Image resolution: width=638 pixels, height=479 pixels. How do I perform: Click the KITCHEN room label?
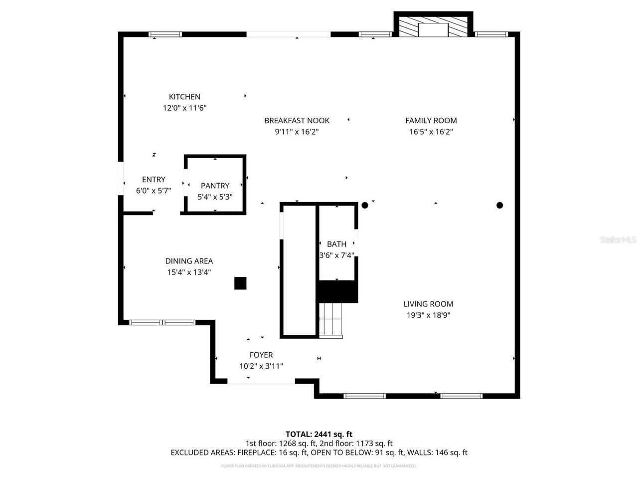[x=184, y=97]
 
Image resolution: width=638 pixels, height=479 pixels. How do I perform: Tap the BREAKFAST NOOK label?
[x=297, y=120]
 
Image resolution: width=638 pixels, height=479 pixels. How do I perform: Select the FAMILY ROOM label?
[x=431, y=120]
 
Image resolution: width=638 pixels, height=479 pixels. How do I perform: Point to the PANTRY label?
[x=215, y=186]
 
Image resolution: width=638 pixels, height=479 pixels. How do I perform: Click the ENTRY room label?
[x=154, y=180]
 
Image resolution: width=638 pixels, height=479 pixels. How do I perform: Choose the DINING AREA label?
[x=189, y=261]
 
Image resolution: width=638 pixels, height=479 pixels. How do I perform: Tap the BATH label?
[x=336, y=244]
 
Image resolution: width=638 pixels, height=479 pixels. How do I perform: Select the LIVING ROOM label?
[x=428, y=304]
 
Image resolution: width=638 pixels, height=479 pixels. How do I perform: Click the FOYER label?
[x=261, y=355]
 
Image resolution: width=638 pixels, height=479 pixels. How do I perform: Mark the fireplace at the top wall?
[x=433, y=27]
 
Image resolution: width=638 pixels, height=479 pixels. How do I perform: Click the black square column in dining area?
[x=240, y=283]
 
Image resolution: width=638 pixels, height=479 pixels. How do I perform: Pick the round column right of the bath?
[x=365, y=205]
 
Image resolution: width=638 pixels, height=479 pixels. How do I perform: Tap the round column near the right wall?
[x=499, y=205]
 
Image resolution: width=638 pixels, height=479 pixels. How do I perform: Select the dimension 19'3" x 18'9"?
[x=428, y=315]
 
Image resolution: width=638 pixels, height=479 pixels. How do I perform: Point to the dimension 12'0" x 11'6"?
[x=184, y=108]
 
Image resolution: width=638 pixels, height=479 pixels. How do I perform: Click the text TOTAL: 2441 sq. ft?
[x=319, y=434]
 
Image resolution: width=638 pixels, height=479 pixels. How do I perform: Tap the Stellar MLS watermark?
[x=618, y=240]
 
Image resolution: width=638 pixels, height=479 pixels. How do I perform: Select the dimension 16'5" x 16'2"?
[x=431, y=132]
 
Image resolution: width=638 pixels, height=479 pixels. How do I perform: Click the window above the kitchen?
[x=165, y=34]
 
